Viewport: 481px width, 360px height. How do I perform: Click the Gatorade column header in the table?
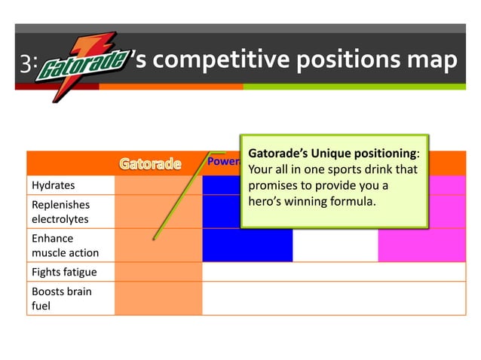click(151, 163)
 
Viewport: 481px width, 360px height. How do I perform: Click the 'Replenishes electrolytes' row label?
click(60, 212)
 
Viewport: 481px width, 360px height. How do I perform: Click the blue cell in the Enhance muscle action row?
click(247, 245)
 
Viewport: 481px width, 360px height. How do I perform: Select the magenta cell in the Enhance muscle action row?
click(421, 245)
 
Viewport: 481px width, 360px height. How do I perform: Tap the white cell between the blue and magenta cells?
click(335, 245)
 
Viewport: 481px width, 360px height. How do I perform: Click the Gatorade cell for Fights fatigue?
click(158, 272)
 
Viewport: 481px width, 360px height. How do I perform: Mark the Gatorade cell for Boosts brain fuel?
click(158, 298)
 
